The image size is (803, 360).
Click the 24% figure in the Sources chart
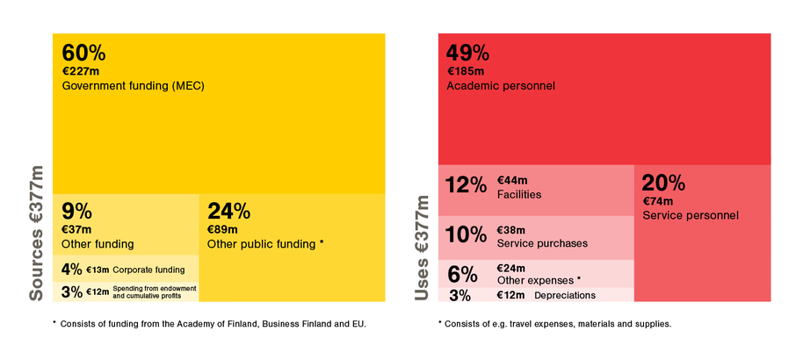[228, 211]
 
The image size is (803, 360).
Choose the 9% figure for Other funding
[76, 211]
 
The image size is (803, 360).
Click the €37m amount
[76, 229]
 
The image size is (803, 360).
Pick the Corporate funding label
[148, 270]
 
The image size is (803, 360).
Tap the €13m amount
[98, 270]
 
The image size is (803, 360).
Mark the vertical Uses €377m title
[423, 248]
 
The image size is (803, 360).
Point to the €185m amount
[465, 71]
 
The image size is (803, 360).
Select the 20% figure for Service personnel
[663, 183]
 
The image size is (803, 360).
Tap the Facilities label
[519, 194]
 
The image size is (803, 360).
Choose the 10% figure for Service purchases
[466, 234]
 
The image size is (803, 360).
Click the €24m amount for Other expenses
[511, 268]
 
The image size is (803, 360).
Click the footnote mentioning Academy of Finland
[211, 324]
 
